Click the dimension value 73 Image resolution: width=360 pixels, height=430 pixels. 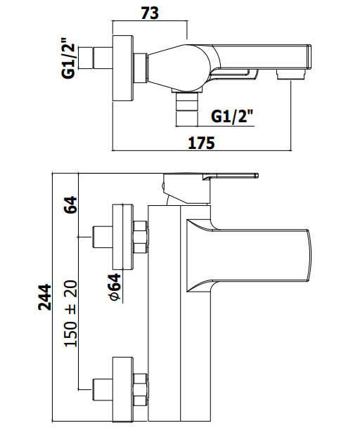(x=150, y=13)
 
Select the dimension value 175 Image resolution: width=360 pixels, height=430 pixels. (x=201, y=143)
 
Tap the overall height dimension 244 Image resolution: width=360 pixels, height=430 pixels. (x=45, y=297)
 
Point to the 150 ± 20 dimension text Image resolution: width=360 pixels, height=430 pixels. (x=71, y=313)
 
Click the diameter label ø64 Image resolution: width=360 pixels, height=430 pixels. (x=115, y=287)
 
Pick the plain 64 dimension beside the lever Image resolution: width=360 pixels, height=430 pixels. (x=71, y=204)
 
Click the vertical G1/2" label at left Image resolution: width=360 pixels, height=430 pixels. (x=68, y=58)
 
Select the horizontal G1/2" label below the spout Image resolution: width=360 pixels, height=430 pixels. (x=232, y=117)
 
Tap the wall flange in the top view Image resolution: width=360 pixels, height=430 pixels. (x=123, y=68)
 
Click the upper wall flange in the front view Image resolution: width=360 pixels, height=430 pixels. (x=123, y=236)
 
